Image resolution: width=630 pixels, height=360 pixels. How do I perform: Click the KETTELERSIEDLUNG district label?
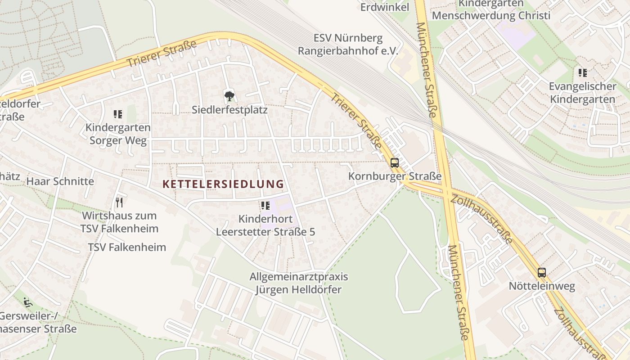223,184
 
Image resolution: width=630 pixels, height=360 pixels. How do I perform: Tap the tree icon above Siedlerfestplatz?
229,95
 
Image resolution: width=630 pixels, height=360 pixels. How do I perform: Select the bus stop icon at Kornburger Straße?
395,163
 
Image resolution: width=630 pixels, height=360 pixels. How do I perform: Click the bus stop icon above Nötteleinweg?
542,272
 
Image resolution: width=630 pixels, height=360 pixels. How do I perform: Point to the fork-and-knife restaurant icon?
119,202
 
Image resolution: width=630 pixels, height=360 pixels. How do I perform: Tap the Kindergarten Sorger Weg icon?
118,114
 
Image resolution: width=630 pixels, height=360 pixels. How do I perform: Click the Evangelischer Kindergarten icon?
583,72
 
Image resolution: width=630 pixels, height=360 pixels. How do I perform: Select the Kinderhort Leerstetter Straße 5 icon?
265,206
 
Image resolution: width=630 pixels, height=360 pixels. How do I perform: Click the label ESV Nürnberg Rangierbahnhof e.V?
348,44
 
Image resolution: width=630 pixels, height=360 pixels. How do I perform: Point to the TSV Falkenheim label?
127,247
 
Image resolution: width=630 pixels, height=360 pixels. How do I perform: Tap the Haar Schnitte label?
60,181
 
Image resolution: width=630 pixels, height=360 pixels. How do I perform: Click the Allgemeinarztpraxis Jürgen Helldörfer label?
299,283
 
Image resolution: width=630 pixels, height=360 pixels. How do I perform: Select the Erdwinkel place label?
384,7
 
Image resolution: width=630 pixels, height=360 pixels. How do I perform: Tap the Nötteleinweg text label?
542,286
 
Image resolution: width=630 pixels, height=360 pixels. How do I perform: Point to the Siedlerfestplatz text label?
229,109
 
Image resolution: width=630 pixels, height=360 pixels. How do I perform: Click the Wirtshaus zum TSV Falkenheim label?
120,222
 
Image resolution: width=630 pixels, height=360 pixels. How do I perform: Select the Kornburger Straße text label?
395,176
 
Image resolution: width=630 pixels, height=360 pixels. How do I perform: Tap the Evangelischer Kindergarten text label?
582,93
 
